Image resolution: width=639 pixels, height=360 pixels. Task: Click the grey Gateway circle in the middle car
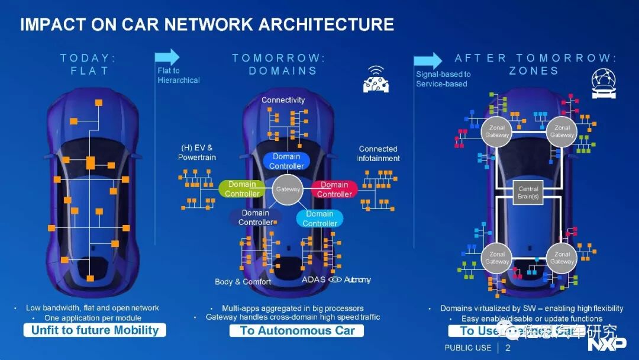pos(288,189)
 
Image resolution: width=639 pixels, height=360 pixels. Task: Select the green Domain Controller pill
pos(243,189)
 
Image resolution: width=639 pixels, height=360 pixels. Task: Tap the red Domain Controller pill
pos(334,189)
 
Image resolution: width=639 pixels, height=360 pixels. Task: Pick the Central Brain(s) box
pos(528,192)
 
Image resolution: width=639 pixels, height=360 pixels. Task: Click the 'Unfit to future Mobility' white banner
pos(95,330)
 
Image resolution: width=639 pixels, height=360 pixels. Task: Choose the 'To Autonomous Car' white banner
pos(296,330)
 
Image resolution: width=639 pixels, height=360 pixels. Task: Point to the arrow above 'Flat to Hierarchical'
pos(167,57)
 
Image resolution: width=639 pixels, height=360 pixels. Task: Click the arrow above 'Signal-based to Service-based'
pos(428,60)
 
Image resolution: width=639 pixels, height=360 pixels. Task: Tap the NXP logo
pos(606,343)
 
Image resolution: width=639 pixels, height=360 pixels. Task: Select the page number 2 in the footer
pos(508,348)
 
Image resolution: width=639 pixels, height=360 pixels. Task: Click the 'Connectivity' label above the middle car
pos(283,100)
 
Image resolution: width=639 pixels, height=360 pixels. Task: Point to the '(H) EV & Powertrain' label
pos(197,153)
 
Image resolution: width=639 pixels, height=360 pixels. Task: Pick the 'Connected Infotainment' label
pos(378,153)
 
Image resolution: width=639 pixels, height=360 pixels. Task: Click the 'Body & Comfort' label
pos(243,282)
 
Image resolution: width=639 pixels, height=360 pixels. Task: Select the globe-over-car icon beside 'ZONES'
pos(603,83)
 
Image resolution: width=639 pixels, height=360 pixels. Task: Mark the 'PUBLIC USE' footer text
pos(467,348)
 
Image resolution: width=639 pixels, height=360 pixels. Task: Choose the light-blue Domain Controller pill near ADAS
pos(319,218)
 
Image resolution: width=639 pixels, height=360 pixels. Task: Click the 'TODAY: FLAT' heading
pos(88,64)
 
